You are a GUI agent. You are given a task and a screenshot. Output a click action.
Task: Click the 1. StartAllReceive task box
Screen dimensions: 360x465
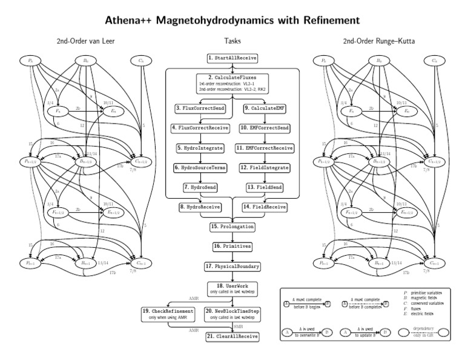coord(232,58)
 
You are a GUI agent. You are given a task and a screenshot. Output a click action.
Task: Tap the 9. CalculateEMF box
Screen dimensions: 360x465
coord(269,108)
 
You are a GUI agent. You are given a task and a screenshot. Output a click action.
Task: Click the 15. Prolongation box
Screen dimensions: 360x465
coord(232,227)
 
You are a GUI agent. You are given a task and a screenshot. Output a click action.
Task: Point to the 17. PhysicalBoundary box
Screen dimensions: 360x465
coord(232,266)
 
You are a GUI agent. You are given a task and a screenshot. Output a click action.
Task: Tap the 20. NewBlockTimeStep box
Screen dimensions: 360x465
coord(234,313)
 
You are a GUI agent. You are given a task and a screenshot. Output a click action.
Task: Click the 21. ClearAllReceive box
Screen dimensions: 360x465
coord(232,336)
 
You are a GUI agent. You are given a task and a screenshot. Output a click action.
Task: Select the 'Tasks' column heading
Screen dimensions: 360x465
coord(232,41)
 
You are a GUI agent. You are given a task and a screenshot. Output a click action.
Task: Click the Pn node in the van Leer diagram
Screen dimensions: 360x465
coord(30,60)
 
